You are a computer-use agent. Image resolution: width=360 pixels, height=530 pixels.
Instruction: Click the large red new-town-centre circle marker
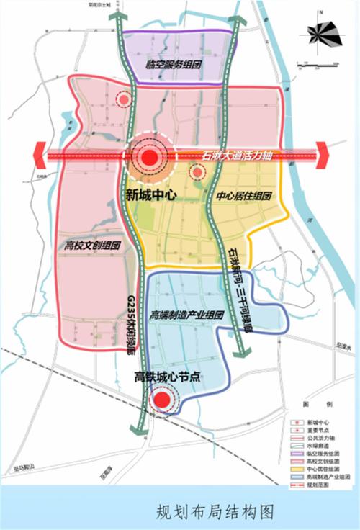coord(149,158)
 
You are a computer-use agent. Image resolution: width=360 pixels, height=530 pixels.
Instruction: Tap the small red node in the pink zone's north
coord(125,100)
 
